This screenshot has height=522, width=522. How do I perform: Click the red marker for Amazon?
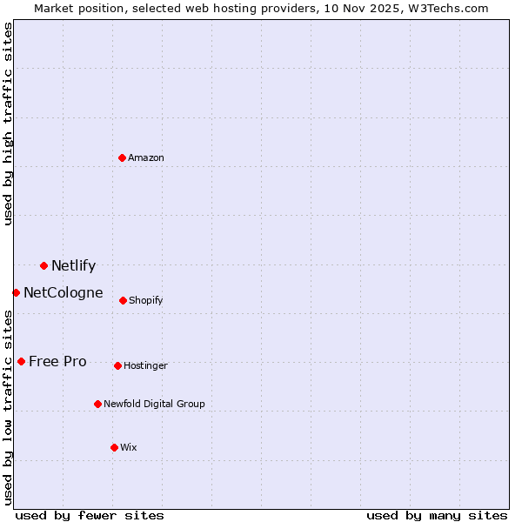tap(122, 157)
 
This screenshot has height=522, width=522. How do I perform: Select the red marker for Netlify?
tap(43, 265)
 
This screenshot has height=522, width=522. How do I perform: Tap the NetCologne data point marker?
tap(16, 292)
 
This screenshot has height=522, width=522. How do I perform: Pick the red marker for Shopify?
tap(123, 300)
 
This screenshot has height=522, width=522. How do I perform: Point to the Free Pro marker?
tap(21, 361)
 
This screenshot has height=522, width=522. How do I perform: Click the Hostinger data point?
tap(117, 365)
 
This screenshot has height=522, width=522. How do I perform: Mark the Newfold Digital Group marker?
tap(97, 404)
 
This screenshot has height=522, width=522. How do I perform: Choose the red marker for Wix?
tap(114, 447)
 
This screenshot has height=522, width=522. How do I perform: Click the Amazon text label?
tap(146, 157)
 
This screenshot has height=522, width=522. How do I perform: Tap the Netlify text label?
tap(73, 266)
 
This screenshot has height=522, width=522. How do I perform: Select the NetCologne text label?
tap(63, 293)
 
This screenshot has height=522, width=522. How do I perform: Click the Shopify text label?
tap(145, 301)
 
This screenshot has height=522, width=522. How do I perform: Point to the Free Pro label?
tap(57, 362)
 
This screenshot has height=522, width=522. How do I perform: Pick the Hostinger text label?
tap(145, 366)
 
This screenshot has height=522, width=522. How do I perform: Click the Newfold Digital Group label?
tap(154, 405)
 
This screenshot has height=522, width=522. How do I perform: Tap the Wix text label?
tap(128, 448)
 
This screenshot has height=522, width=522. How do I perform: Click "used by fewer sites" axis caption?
tap(90, 515)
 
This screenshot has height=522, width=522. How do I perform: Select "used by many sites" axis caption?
tap(437, 515)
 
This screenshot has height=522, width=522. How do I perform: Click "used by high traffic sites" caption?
tap(8, 124)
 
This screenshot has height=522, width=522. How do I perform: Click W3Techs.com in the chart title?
tap(445, 8)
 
